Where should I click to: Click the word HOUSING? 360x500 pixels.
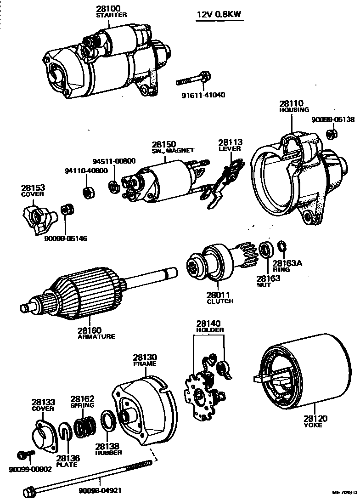tap(294, 110)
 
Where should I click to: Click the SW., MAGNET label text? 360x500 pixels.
tap(173, 151)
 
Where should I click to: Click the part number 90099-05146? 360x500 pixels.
tap(66, 239)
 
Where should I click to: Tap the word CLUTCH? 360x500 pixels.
tap(220, 301)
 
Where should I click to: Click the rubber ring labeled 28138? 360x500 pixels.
tap(107, 422)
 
